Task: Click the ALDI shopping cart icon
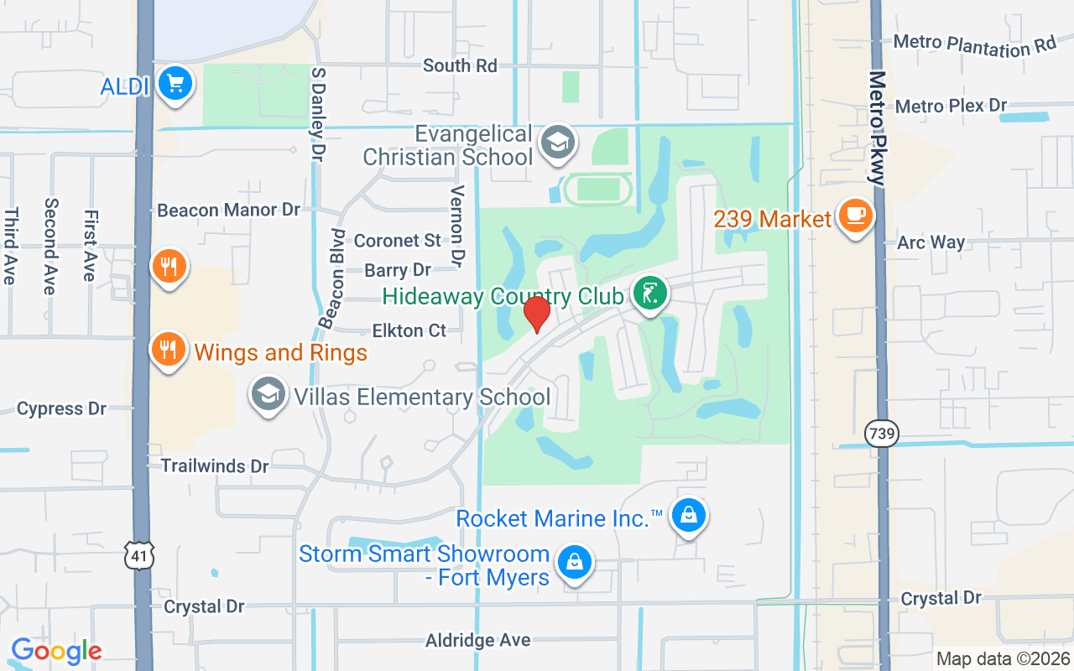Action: point(175,84)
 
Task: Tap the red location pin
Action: point(536,314)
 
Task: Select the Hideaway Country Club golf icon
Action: point(650,294)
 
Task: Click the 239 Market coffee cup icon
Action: point(855,216)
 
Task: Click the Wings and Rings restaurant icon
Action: point(169,349)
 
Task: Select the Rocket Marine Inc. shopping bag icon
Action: point(688,515)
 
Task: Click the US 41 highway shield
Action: point(140,554)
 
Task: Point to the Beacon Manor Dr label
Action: point(228,210)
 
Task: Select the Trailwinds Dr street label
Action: point(215,466)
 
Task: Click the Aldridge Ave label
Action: point(477,640)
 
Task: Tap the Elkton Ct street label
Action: point(409,330)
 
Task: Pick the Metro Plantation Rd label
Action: point(974,44)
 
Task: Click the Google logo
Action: point(56,651)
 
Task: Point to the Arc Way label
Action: point(931,242)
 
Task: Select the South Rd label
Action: point(460,65)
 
